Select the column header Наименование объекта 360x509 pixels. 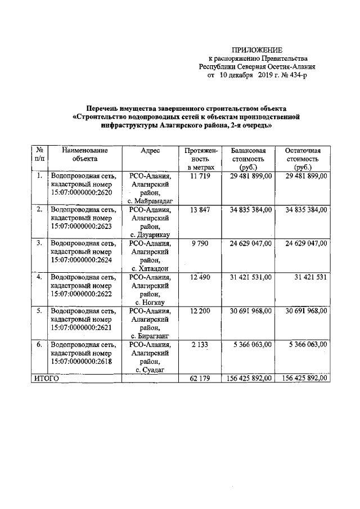(x=85, y=155)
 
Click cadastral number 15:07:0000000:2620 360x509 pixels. (x=82, y=193)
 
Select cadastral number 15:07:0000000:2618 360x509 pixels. (x=82, y=361)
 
